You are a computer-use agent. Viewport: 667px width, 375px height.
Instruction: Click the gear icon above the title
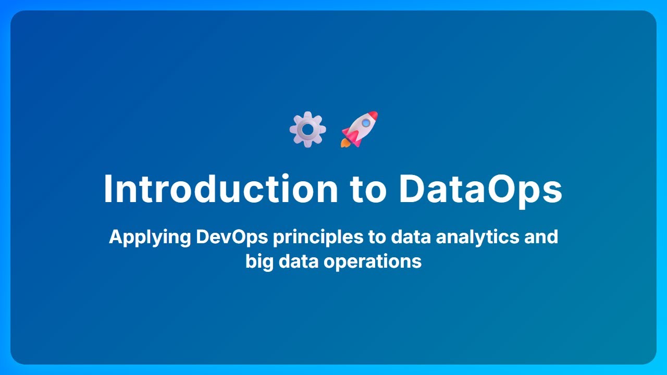click(x=307, y=129)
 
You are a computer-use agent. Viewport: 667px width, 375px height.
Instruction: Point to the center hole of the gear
click(x=307, y=129)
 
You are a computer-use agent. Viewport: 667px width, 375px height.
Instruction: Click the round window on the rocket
click(x=366, y=123)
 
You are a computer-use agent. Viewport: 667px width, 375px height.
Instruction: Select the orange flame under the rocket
click(x=345, y=142)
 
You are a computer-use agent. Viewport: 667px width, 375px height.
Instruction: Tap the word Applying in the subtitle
click(x=150, y=237)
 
